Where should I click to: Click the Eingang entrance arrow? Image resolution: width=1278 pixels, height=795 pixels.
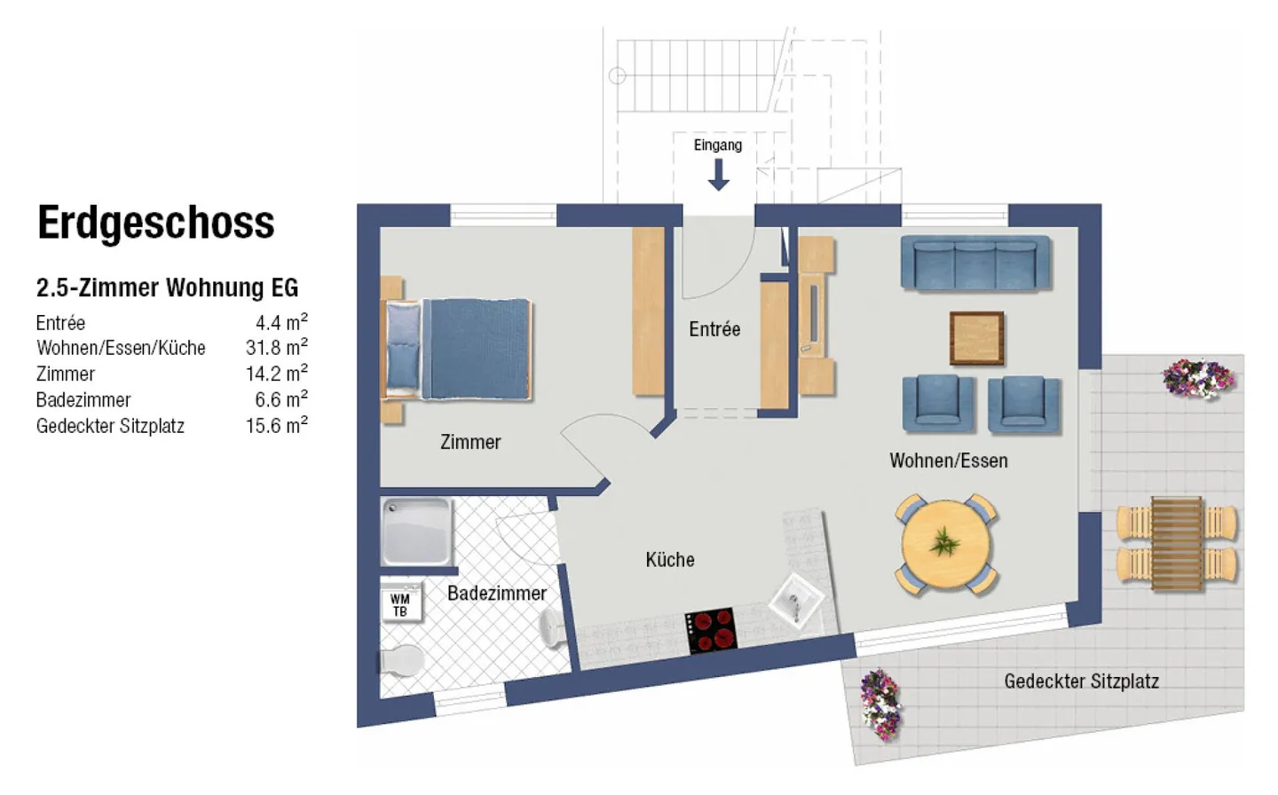[718, 176]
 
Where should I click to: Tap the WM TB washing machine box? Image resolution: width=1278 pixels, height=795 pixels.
[400, 605]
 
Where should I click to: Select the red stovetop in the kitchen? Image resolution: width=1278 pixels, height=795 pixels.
[712, 630]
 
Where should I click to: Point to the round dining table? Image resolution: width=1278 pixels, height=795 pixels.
[946, 544]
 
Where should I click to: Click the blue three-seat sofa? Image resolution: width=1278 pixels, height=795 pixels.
[975, 264]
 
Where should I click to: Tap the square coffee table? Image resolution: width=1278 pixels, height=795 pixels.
[976, 338]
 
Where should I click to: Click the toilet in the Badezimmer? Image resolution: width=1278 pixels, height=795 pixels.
[401, 661]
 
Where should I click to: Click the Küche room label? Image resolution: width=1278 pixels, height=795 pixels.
[670, 560]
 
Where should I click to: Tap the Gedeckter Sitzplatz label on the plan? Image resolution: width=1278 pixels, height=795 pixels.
[1081, 681]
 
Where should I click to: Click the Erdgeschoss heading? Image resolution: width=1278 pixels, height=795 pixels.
[156, 223]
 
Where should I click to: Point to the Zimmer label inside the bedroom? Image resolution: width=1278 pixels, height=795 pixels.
[470, 442]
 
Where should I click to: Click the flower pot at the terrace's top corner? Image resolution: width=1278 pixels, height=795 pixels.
[1198, 378]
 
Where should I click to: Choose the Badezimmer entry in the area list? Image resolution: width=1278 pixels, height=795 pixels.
[83, 400]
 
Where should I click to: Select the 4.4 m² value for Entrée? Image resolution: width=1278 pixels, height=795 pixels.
[281, 322]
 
